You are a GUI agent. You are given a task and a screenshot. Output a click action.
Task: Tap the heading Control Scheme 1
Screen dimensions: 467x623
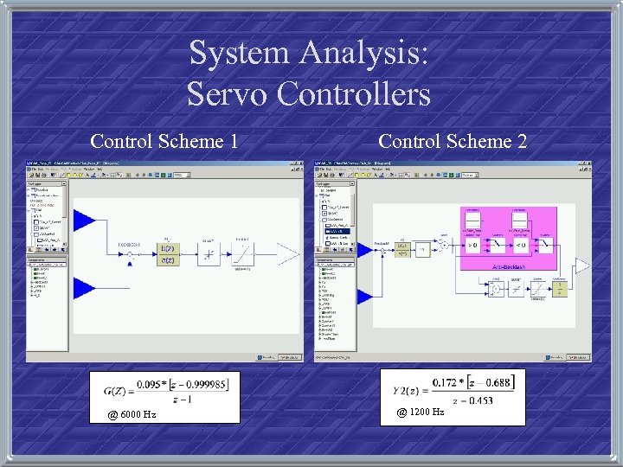tap(164, 141)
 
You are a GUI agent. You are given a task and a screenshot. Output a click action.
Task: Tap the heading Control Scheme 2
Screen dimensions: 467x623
tap(453, 141)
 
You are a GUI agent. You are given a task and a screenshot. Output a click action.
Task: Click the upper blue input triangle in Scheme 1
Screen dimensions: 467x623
tap(85, 220)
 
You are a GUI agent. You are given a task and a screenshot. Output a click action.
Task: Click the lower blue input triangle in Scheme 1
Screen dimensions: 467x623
tap(85, 287)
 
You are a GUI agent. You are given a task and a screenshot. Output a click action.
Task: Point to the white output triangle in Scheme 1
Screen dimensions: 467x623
tap(288, 254)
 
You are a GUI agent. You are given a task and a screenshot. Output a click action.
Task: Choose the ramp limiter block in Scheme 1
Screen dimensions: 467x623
tap(245, 254)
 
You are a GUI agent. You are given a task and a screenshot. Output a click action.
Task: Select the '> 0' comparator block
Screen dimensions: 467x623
tap(473, 246)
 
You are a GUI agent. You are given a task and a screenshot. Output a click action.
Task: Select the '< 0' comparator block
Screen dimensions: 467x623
tap(519, 246)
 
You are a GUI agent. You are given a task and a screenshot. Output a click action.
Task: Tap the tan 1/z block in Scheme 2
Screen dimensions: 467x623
tap(559, 291)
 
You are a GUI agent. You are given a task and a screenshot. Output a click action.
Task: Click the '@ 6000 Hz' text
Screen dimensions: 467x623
tap(132, 414)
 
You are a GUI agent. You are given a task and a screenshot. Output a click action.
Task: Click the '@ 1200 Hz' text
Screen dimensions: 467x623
tap(421, 412)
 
